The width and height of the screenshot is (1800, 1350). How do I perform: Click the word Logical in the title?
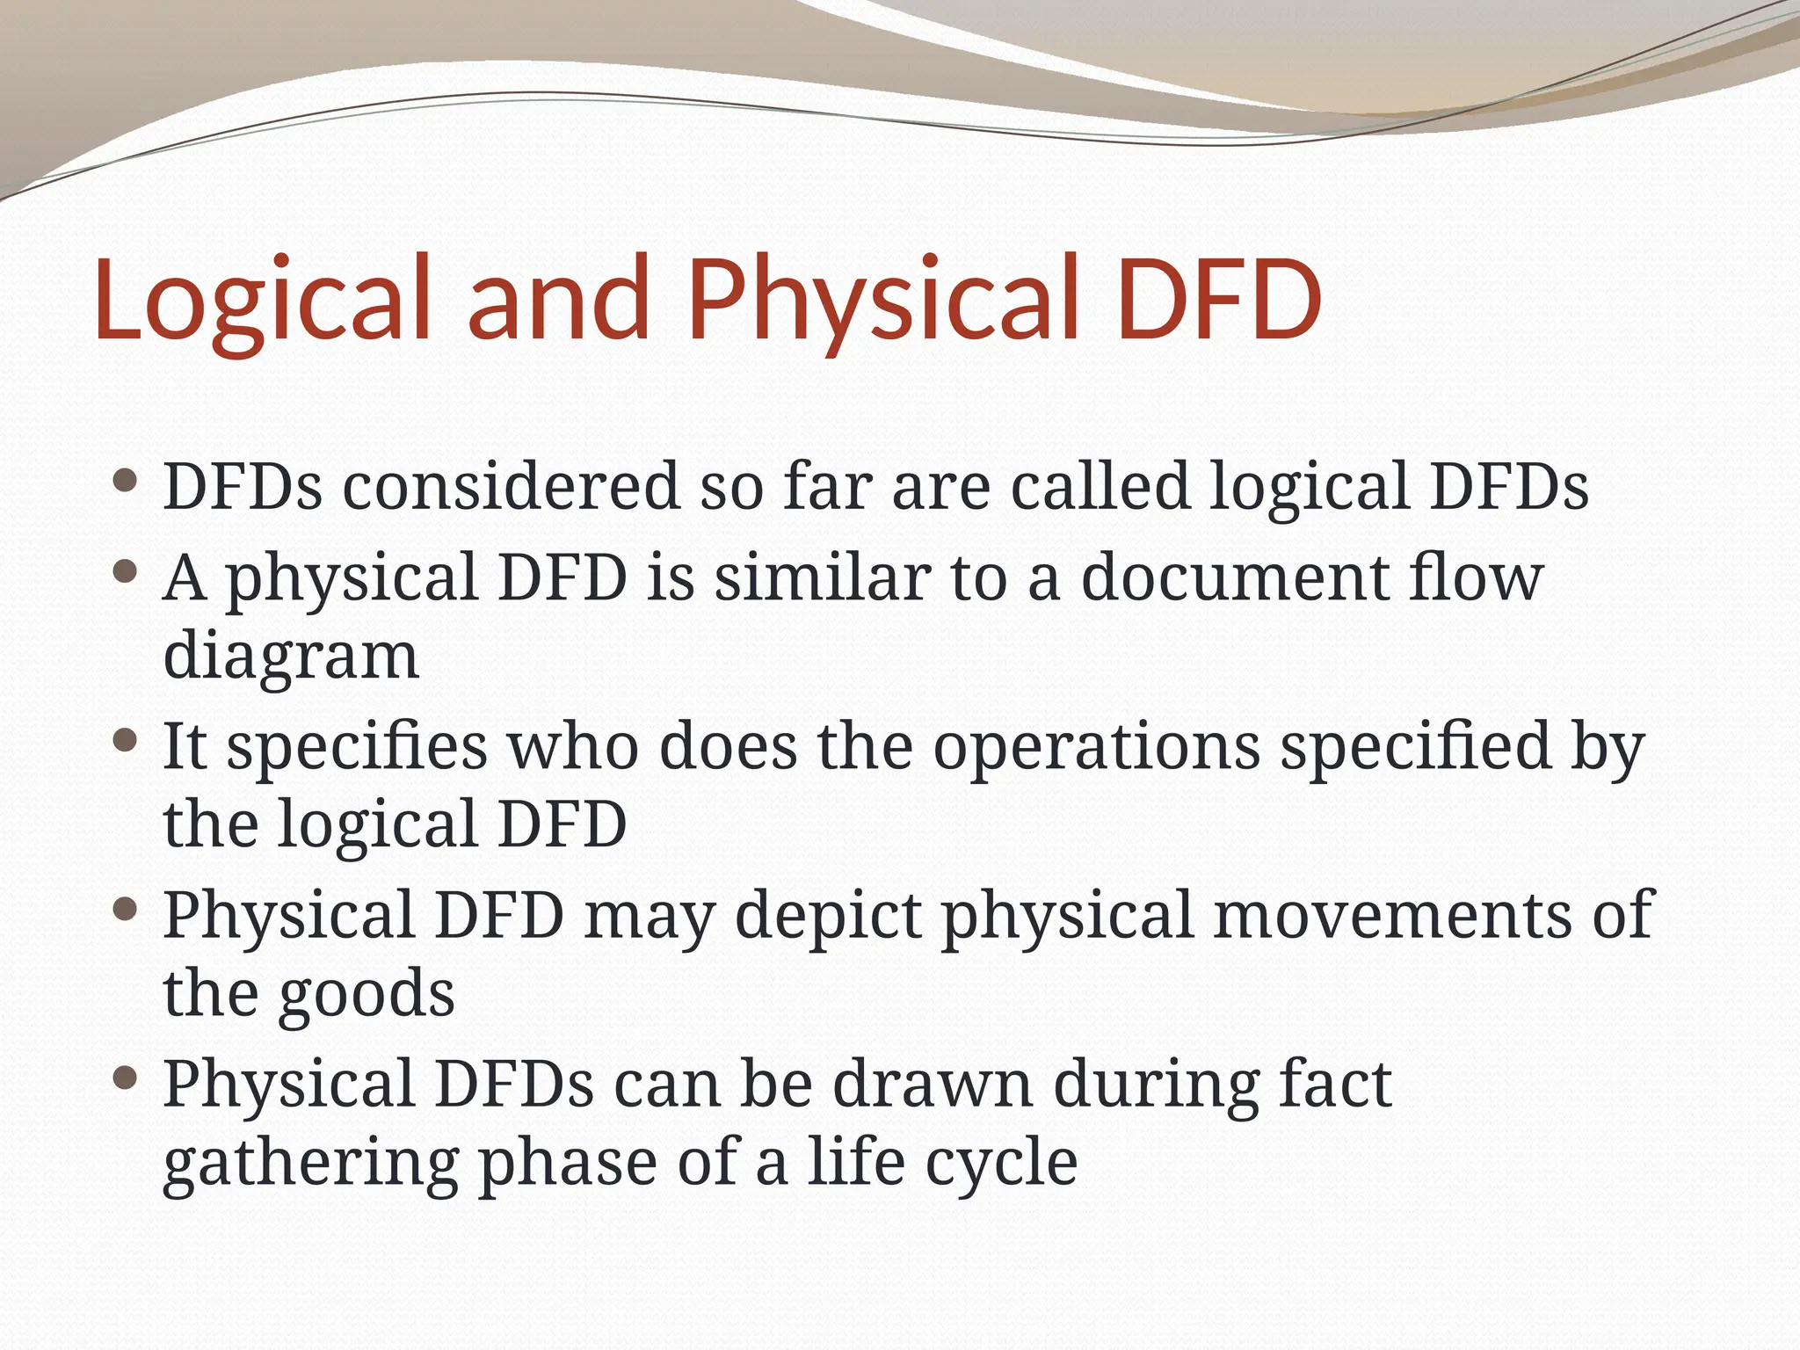(x=262, y=299)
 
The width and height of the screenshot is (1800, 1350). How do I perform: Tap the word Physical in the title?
(x=882, y=299)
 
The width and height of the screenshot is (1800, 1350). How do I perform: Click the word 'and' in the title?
(x=557, y=299)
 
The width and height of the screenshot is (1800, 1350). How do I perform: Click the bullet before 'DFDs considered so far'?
(x=127, y=481)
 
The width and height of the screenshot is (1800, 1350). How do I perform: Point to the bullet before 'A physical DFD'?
(x=127, y=572)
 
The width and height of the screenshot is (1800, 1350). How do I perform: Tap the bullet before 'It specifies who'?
(x=127, y=741)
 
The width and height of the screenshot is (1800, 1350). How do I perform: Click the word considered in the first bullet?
(x=511, y=486)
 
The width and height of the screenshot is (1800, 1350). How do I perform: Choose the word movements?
(x=1390, y=915)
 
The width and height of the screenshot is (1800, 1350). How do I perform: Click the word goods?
(x=367, y=994)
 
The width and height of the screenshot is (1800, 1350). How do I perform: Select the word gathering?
(x=310, y=1163)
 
